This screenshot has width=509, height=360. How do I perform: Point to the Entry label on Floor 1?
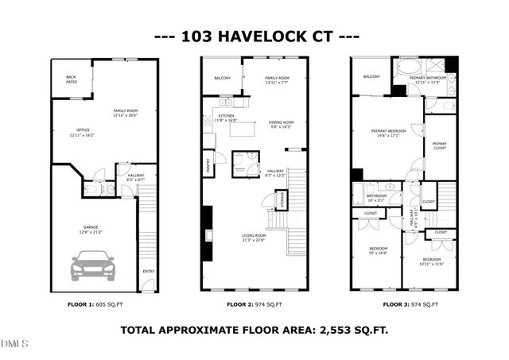click(x=148, y=272)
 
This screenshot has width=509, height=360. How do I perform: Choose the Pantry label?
click(x=208, y=165)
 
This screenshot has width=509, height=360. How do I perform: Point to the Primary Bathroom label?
click(x=428, y=79)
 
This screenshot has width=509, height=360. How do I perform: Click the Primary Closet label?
click(x=439, y=145)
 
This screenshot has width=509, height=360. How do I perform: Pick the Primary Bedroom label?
click(x=388, y=132)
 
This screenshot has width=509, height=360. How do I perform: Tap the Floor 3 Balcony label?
click(x=371, y=76)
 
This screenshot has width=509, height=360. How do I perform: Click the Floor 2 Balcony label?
click(x=222, y=78)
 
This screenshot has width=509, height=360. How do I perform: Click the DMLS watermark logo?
click(x=14, y=344)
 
